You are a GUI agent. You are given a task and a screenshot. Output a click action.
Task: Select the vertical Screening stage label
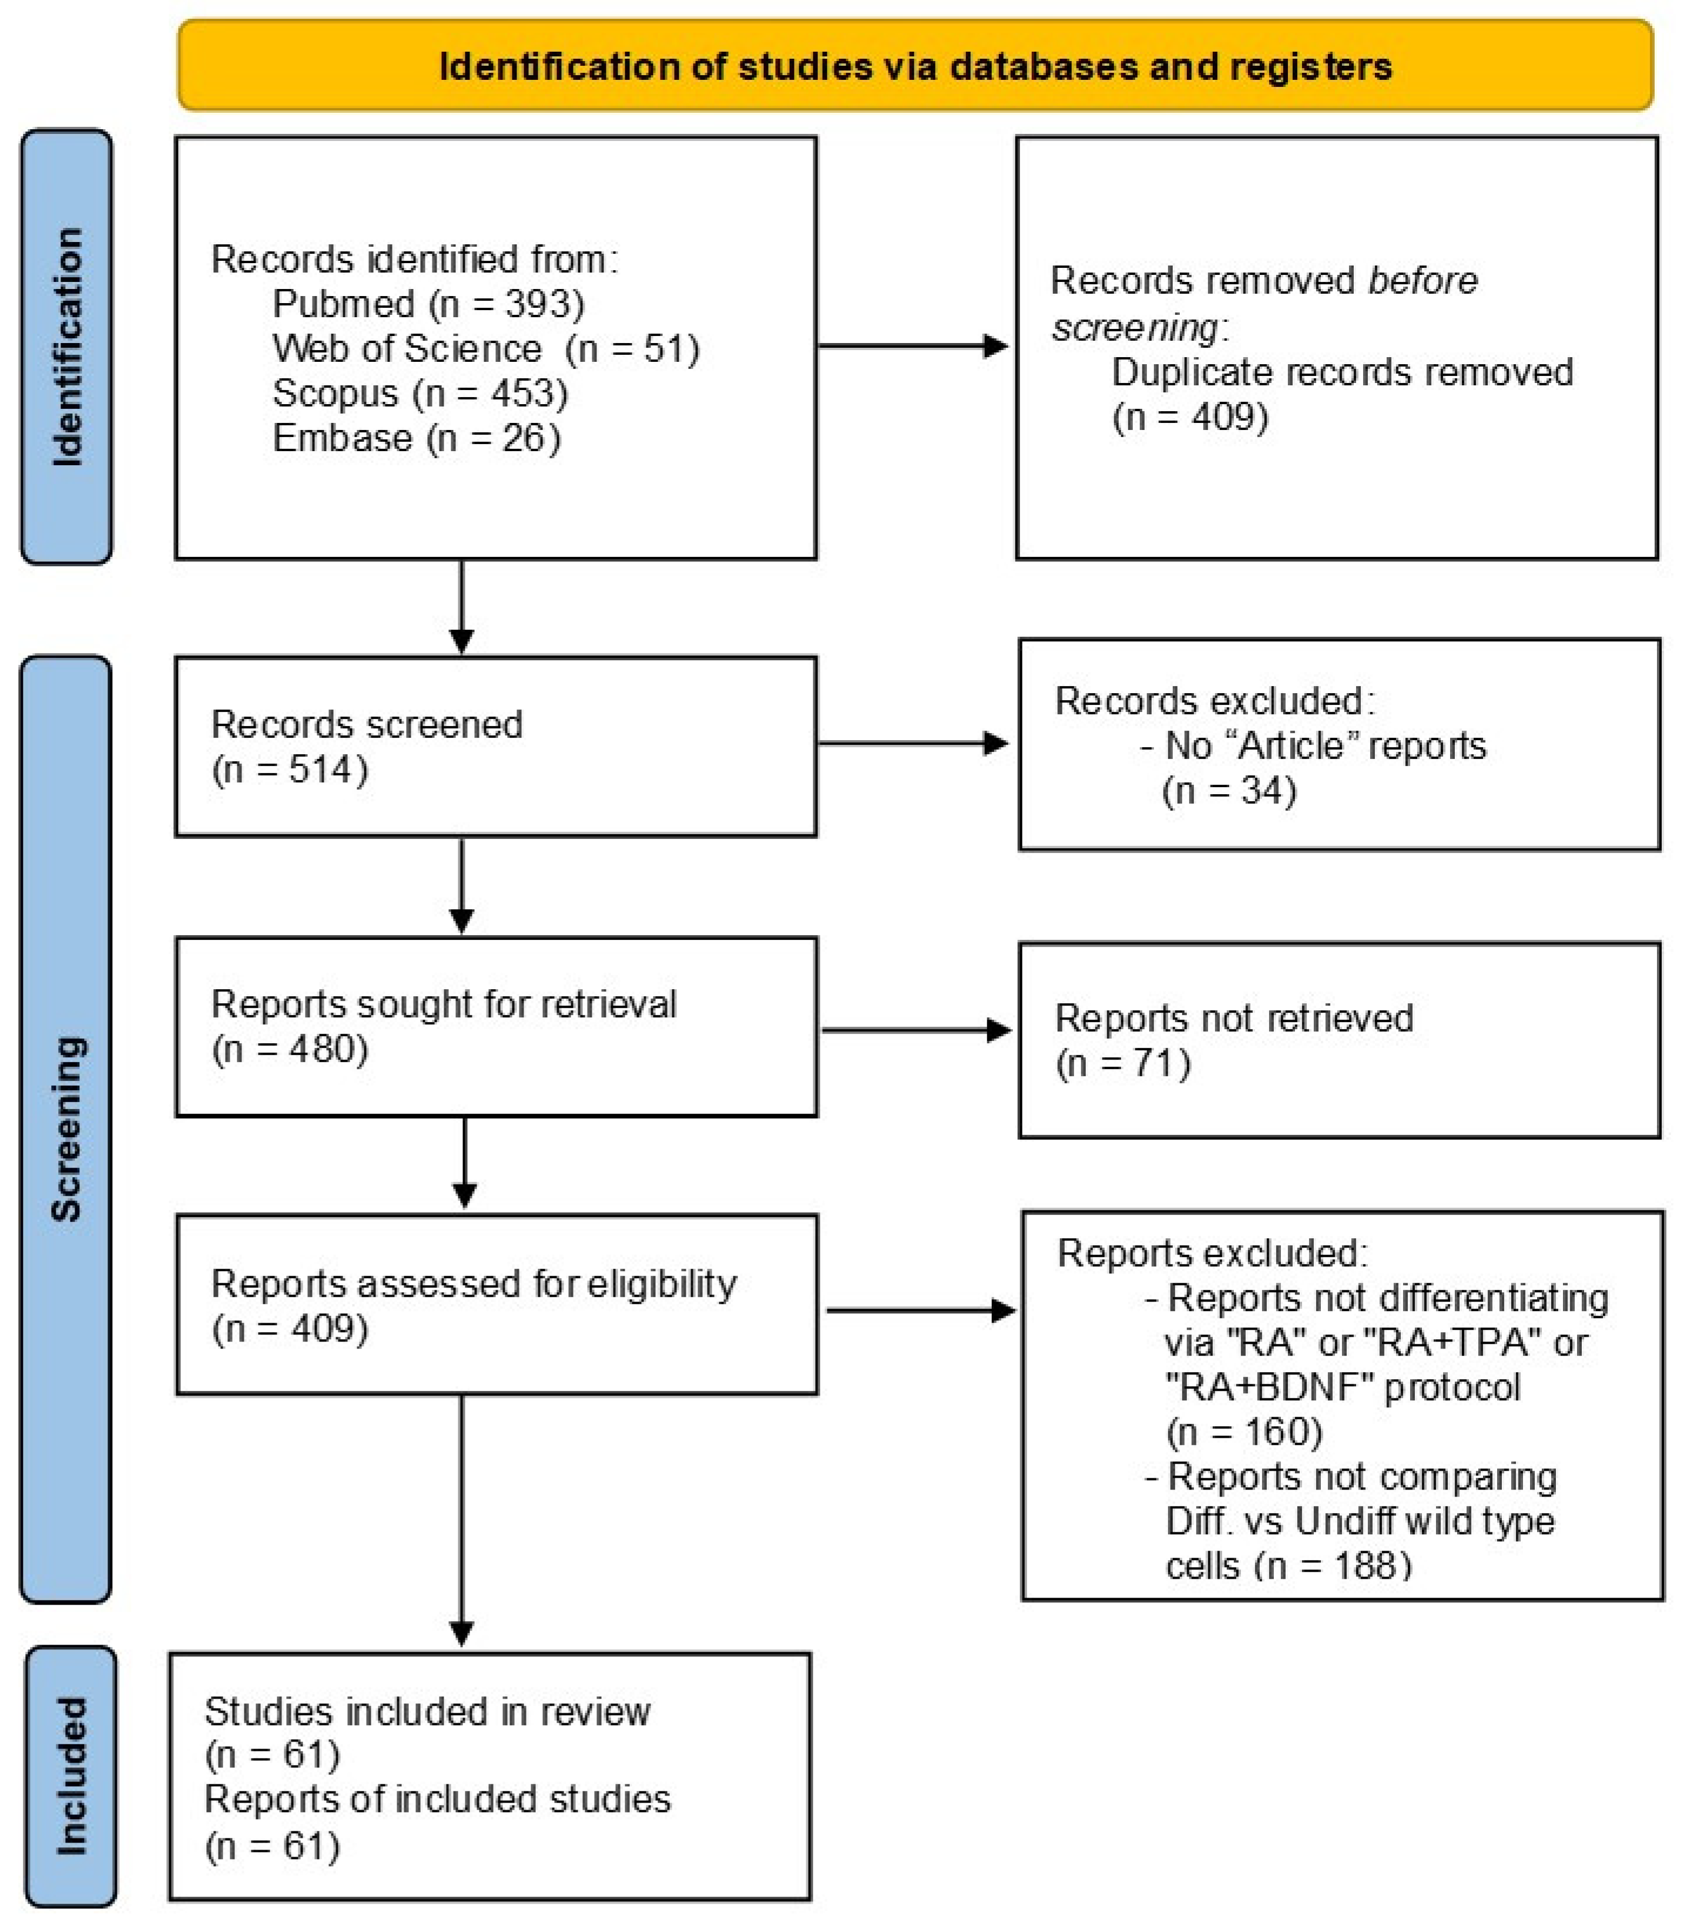coord(67,1127)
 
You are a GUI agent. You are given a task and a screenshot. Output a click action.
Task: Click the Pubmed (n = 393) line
coord(428,304)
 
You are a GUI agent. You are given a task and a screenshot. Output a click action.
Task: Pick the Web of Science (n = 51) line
coord(486,348)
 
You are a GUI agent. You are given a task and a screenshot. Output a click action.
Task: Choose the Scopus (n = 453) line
coord(420,393)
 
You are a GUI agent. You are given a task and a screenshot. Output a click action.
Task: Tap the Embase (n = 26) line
coord(417,438)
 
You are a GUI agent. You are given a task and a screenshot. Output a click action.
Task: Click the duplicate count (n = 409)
coord(1190,416)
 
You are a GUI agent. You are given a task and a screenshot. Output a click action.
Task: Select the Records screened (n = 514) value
coord(290,769)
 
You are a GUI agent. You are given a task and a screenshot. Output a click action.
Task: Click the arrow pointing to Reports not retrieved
coord(915,1031)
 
